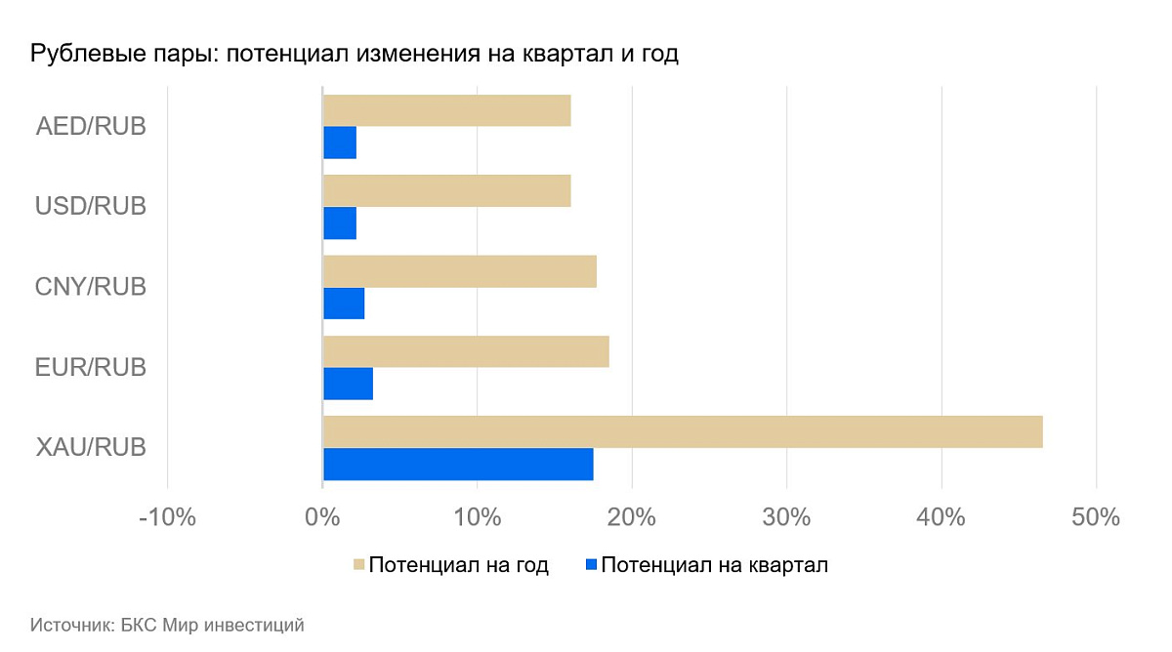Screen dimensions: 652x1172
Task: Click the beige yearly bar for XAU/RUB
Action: pos(682,431)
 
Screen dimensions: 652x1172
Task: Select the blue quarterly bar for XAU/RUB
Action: pos(457,465)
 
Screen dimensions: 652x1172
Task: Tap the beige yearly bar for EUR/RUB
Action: pos(465,351)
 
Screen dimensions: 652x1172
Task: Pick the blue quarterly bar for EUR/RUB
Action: pos(348,384)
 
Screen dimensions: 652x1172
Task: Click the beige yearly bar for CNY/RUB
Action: pos(459,271)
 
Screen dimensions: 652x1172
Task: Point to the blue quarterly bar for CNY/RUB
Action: pos(343,304)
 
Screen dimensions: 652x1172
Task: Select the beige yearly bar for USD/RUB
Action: pos(446,191)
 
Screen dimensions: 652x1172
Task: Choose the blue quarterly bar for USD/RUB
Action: pos(339,224)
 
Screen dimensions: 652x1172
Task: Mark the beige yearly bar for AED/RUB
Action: pos(446,111)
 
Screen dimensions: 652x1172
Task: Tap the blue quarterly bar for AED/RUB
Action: pos(339,143)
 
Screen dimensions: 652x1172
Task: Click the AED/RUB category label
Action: pos(91,127)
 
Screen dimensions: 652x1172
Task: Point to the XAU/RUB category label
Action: pos(91,448)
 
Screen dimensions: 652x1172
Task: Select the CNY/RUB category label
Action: pos(91,287)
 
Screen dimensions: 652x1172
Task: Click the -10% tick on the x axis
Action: pos(167,517)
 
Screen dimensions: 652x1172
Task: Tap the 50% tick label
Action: pos(1096,517)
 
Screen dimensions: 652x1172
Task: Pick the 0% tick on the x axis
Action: pos(322,517)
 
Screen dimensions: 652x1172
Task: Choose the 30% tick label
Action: pos(786,517)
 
